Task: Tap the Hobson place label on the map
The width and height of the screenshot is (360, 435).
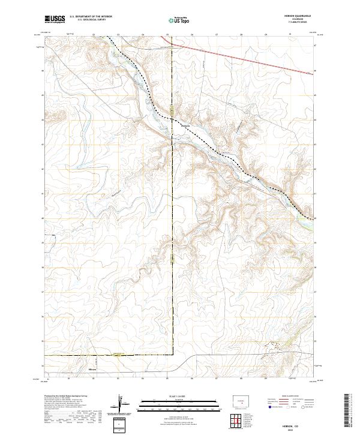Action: click(x=185, y=125)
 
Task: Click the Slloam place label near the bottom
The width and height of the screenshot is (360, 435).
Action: click(x=93, y=369)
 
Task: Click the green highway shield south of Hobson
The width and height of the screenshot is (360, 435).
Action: click(x=172, y=260)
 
